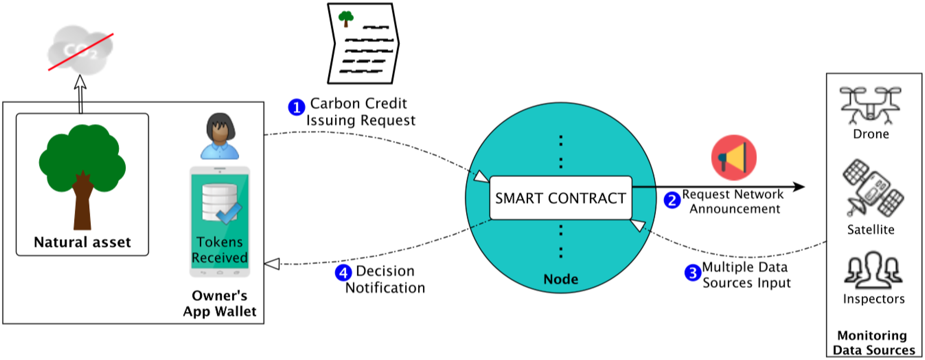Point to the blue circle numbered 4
343,273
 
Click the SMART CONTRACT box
561,198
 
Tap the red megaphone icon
734,158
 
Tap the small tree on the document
346,18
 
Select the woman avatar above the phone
220,136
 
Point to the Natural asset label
82,242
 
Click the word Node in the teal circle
561,279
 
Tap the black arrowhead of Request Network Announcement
799,187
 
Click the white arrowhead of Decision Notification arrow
272,264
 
